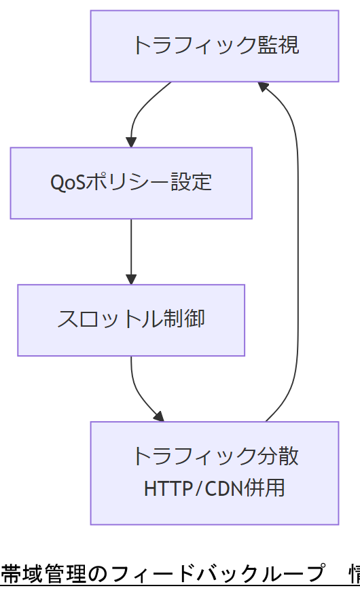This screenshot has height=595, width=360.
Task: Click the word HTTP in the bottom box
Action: [x=168, y=488]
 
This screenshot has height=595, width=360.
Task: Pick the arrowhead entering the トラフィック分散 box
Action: [x=159, y=416]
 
